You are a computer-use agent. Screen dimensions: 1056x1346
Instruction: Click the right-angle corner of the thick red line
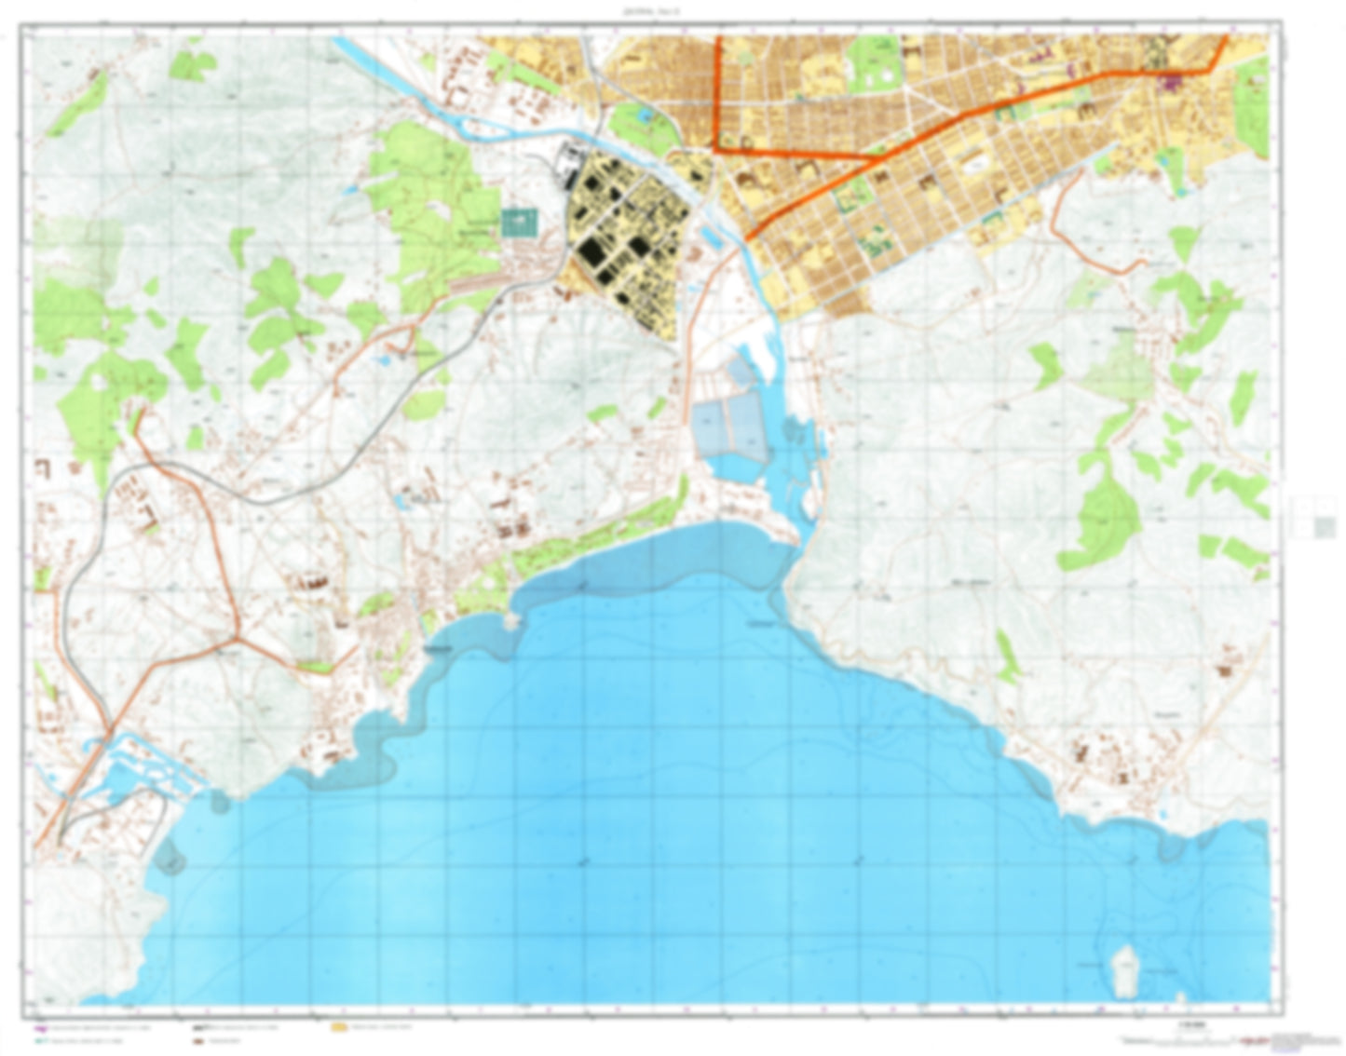(x=718, y=147)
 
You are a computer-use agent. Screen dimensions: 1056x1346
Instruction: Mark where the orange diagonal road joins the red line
(x=876, y=159)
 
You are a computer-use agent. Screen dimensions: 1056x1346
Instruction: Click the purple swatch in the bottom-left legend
(x=40, y=1028)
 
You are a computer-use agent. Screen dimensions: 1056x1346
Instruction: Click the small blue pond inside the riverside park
(x=644, y=115)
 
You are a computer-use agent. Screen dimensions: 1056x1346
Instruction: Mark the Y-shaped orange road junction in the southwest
(x=240, y=639)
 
